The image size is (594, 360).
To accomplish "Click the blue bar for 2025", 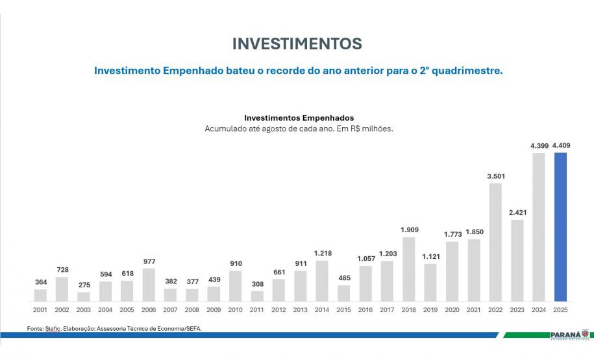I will pos(560,227).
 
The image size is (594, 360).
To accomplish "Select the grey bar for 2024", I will pos(538,227).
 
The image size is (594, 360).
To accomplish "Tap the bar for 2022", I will pos(495,243).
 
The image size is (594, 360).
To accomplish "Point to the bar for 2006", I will pos(149,285).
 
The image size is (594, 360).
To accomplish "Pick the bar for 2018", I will pos(408,269).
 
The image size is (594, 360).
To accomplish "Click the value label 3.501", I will pos(495,176).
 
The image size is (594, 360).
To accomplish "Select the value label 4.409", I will pos(560,145).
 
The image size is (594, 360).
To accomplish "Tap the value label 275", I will pos(83,285).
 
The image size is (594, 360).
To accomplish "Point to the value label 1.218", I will pos(322,253).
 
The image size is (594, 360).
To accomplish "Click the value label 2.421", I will pos(517,212).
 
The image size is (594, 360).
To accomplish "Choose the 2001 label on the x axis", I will pos(40,310).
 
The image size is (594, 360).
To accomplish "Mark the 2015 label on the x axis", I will pos(343,310).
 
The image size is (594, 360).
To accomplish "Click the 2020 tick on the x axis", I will pos(452,310).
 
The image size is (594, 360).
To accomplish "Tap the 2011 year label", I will pos(257,310).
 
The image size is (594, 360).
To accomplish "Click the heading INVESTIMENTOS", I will pos(297,43).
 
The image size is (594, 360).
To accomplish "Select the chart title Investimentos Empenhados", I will pos(299,118).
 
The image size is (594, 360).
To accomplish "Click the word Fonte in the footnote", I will pos(36,329).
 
